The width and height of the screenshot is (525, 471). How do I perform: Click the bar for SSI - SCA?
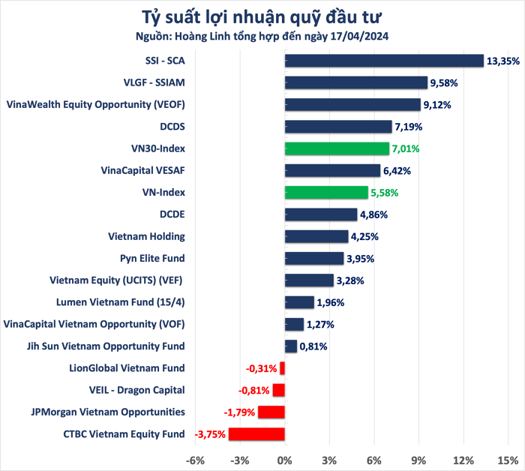click(x=384, y=61)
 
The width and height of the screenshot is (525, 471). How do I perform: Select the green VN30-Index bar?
click(x=337, y=148)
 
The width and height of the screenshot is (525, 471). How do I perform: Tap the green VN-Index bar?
click(x=326, y=193)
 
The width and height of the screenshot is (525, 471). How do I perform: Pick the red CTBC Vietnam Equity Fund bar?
click(x=256, y=434)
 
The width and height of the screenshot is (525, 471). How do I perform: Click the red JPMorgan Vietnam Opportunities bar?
click(x=271, y=412)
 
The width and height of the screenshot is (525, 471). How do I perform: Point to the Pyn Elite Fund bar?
click(x=313, y=259)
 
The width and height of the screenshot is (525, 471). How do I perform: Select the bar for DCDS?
click(x=338, y=127)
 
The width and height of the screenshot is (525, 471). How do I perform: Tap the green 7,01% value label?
click(x=406, y=149)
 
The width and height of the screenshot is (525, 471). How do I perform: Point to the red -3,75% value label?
click(x=211, y=434)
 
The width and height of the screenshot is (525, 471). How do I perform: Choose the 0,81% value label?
click(x=313, y=346)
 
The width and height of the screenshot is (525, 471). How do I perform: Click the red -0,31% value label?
click(x=262, y=368)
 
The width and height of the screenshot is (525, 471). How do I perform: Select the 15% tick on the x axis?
click(x=508, y=459)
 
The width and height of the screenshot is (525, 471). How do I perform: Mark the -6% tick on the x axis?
click(x=195, y=459)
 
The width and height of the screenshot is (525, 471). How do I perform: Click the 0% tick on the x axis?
click(x=285, y=459)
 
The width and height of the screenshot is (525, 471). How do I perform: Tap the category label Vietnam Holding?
click(x=146, y=236)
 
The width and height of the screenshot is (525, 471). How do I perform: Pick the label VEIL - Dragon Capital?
click(x=136, y=390)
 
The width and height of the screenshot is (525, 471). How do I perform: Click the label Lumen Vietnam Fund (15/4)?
click(x=121, y=302)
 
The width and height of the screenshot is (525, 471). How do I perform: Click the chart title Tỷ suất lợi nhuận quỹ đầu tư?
click(x=262, y=16)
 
